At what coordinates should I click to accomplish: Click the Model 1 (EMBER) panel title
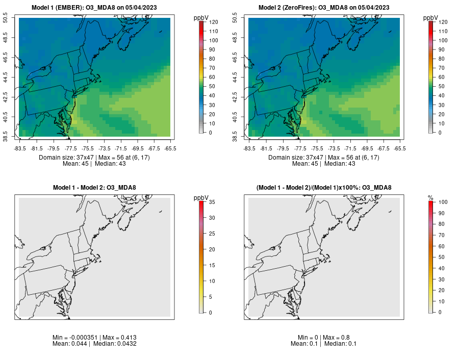[94, 7]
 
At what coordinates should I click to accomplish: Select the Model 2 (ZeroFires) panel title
[324, 7]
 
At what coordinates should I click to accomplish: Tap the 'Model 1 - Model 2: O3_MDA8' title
[94, 188]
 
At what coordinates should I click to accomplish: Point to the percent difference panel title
[324, 188]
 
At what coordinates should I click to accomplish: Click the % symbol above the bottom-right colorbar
[430, 197]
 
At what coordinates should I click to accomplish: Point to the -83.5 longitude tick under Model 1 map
[20, 148]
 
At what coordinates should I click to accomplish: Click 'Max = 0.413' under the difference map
[119, 338]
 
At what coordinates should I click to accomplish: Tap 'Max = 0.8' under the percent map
[336, 338]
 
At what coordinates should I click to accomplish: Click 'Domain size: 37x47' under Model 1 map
[64, 158]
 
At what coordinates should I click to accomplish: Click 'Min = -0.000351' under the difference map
[75, 338]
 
